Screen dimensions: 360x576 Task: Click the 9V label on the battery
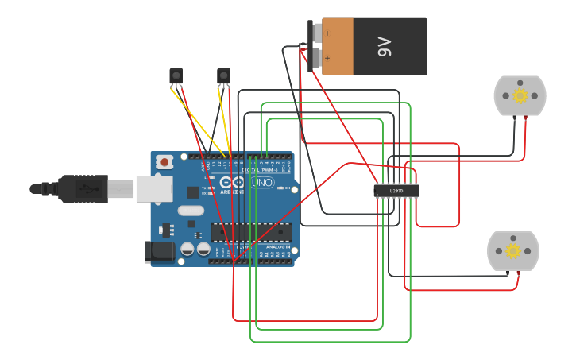click(x=385, y=47)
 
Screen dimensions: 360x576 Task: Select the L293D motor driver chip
click(x=396, y=191)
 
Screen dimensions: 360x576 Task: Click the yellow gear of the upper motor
click(x=520, y=96)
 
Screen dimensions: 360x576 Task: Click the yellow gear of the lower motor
click(x=513, y=251)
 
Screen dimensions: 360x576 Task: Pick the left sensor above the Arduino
click(x=176, y=75)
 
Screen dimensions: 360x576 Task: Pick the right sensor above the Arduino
click(x=223, y=75)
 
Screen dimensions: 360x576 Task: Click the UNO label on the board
click(x=261, y=183)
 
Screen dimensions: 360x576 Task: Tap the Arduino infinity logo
click(x=238, y=183)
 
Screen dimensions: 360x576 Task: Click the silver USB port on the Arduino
click(x=154, y=189)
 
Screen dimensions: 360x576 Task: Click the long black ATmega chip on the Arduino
click(x=250, y=231)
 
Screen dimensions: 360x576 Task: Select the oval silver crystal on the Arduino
click(x=191, y=211)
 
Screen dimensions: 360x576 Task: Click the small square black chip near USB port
click(x=192, y=192)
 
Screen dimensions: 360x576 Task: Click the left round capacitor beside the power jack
click(x=187, y=249)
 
